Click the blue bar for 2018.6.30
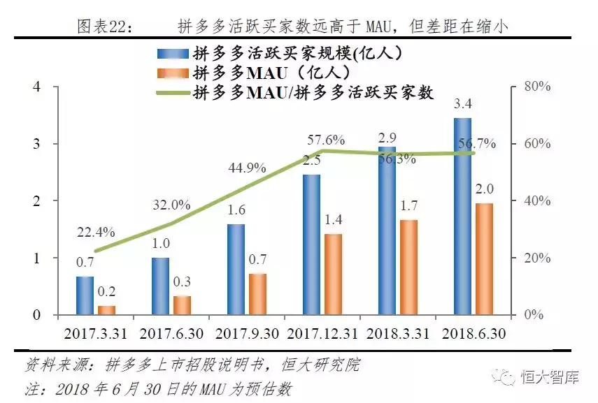462,217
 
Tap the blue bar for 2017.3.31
85,295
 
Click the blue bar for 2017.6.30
160,286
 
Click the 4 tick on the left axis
36,87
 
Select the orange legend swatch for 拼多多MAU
171,73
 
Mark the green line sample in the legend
171,93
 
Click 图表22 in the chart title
101,27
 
